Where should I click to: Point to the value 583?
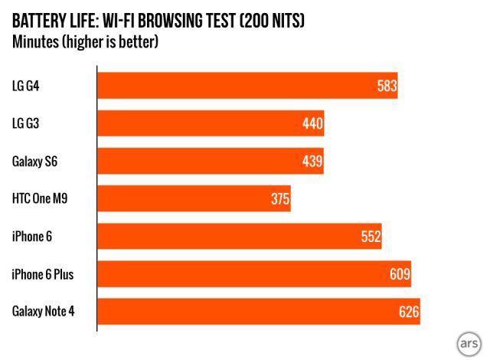tap(387, 86)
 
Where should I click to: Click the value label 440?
tap(313, 123)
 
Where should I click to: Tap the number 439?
tap(312, 161)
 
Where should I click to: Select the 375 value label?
tap(279, 199)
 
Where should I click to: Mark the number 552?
tap(371, 237)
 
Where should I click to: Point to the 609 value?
tap(400, 273)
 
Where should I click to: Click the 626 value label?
tap(409, 311)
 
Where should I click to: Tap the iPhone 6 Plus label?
tap(42, 273)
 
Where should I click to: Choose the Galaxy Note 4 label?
tap(44, 311)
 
